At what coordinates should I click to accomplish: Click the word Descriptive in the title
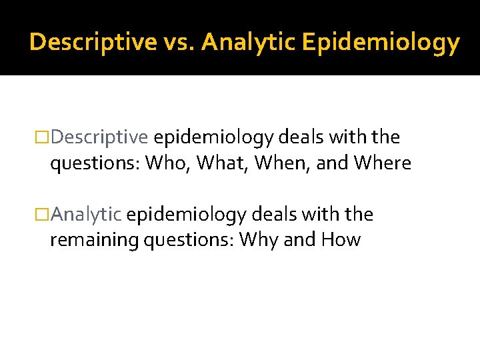93,43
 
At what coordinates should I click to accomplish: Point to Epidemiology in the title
381,43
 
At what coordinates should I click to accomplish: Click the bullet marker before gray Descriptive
43,138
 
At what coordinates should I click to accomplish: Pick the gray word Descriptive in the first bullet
99,138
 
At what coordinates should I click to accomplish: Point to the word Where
383,163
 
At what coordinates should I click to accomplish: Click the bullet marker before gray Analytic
43,215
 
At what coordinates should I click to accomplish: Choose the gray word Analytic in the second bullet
86,215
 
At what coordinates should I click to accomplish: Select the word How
341,240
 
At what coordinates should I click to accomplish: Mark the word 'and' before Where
332,163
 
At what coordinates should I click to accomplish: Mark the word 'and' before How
299,240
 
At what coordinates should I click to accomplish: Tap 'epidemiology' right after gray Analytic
186,215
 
